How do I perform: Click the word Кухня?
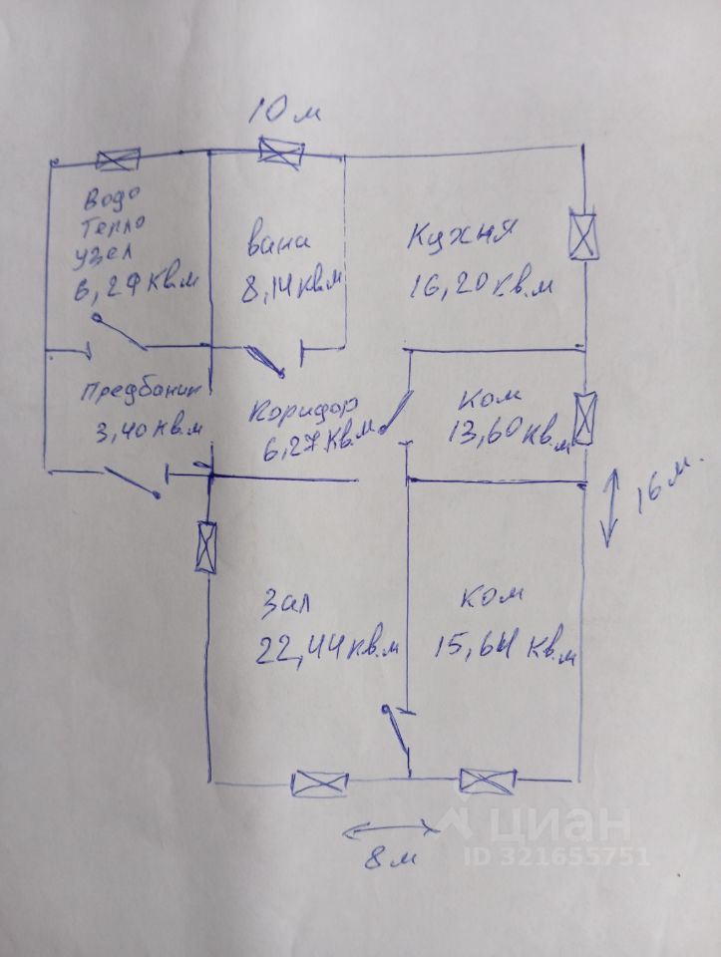tap(460, 238)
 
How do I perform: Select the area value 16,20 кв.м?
tap(480, 286)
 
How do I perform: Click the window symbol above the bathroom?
tap(280, 153)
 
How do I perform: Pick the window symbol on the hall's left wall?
tap(206, 547)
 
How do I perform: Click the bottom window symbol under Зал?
tap(320, 784)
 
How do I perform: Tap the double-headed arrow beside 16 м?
tap(611, 507)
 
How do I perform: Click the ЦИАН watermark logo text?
tap(559, 826)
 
